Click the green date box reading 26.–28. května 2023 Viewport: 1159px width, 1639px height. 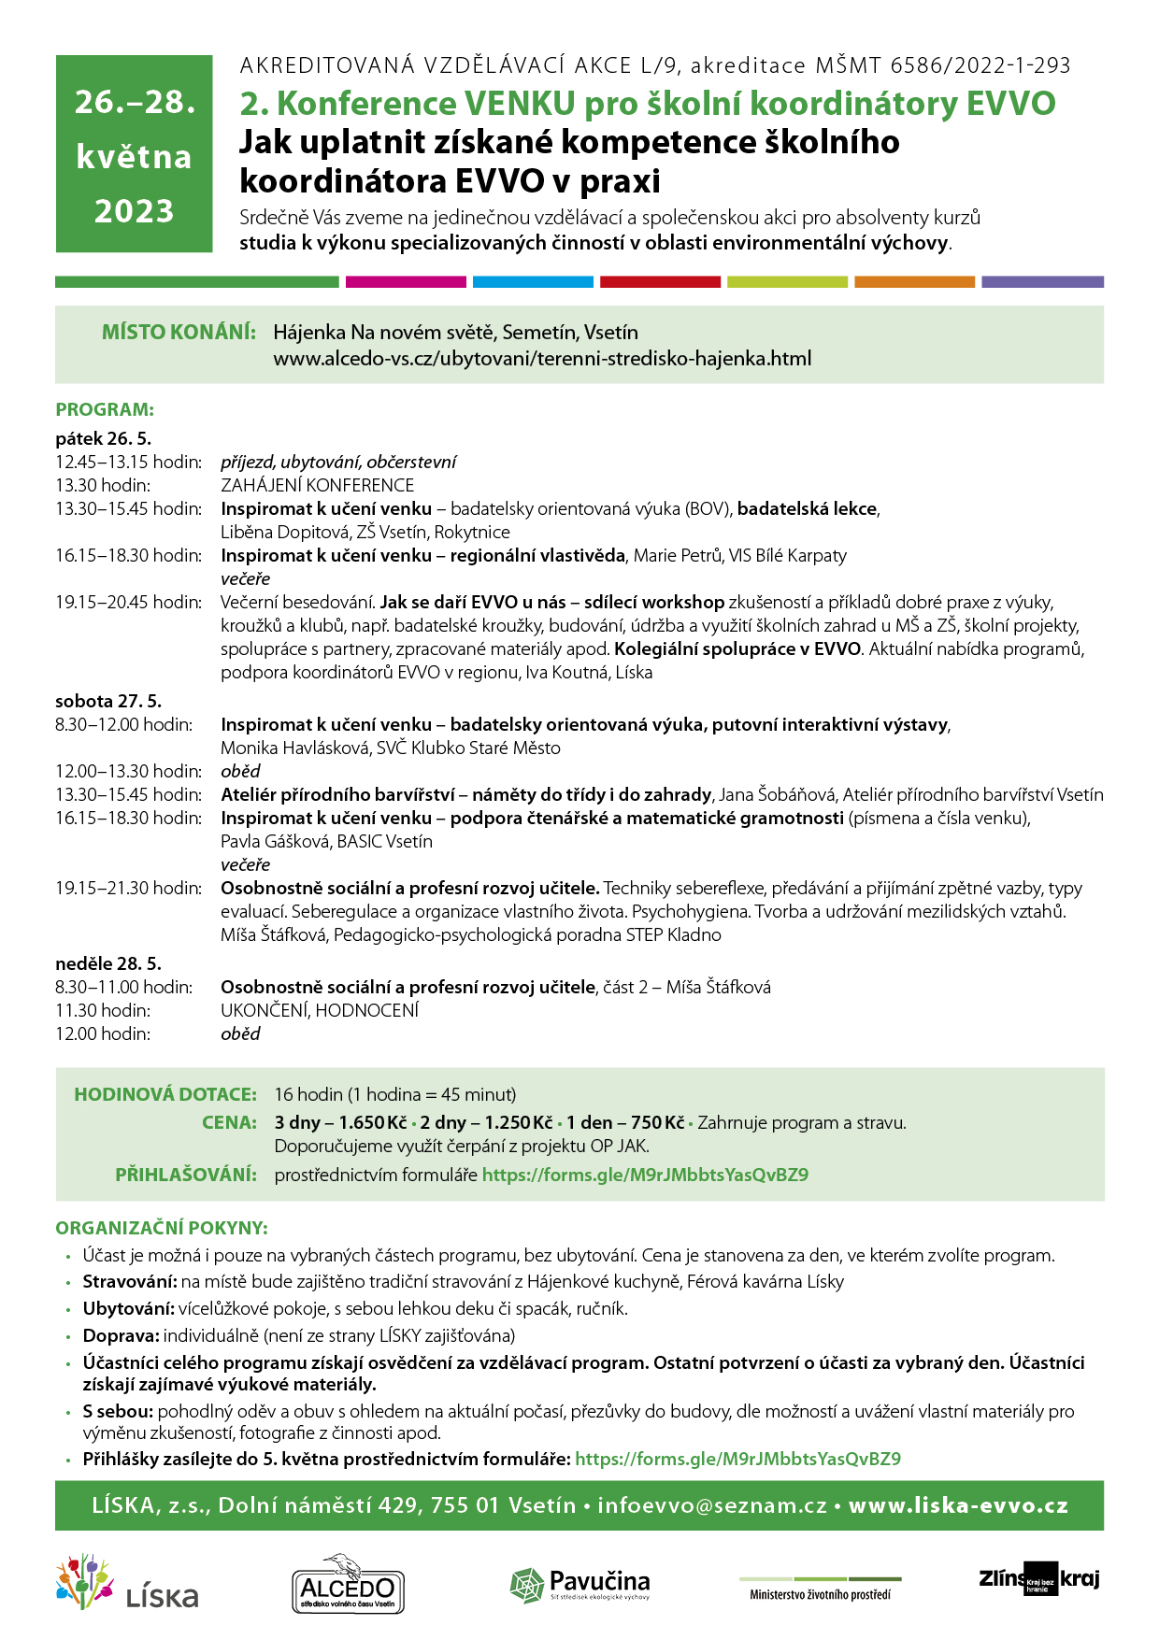[x=134, y=154]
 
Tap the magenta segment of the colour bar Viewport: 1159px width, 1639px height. [x=406, y=281]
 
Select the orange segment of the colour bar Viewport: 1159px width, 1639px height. [x=914, y=281]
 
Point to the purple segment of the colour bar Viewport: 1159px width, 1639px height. [x=1041, y=281]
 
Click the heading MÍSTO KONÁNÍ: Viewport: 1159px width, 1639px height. [x=179, y=332]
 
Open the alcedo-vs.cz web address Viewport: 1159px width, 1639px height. [x=542, y=358]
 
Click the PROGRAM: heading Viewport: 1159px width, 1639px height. [x=105, y=409]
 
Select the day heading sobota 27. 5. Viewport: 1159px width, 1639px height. [x=108, y=701]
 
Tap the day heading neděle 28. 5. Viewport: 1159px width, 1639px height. [x=108, y=963]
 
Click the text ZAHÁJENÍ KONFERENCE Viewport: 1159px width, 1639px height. [x=317, y=485]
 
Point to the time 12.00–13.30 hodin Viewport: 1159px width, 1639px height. [x=128, y=771]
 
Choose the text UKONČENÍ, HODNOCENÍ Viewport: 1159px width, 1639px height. [x=320, y=1010]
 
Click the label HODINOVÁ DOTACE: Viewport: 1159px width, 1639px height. [x=165, y=1094]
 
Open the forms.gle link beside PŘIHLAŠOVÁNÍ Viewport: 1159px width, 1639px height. [x=645, y=1175]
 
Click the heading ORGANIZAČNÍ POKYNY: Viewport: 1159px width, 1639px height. [x=162, y=1228]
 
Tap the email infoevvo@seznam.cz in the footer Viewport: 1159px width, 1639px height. [x=712, y=1505]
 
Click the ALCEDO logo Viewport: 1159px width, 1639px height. [x=348, y=1583]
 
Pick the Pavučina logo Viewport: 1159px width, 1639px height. [x=580, y=1584]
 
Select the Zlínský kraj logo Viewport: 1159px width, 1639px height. [x=1038, y=1578]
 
